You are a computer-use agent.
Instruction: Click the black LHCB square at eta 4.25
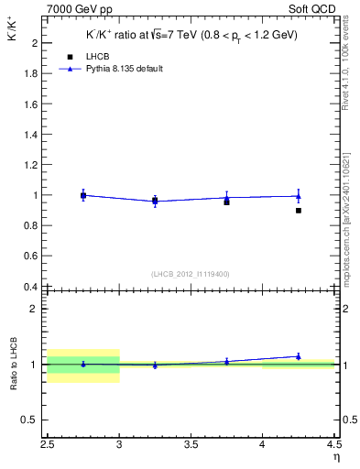coord(299,211)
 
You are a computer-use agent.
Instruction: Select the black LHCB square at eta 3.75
coord(226,202)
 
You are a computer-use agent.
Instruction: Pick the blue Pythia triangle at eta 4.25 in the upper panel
coord(299,195)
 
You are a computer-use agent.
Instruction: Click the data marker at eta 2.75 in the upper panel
coord(83,195)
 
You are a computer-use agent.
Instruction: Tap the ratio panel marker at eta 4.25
coord(299,356)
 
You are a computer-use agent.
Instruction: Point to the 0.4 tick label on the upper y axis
coord(29,287)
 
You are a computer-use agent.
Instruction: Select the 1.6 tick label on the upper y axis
coord(29,104)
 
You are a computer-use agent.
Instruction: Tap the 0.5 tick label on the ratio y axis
coord(29,420)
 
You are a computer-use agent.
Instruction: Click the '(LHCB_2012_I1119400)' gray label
coord(191,274)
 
